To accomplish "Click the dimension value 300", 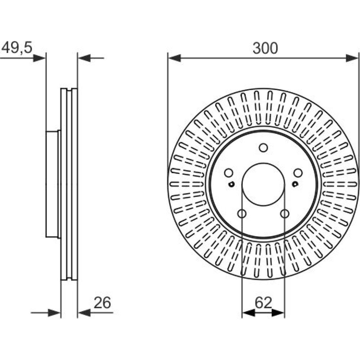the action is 265,48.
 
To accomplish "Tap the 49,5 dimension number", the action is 17,48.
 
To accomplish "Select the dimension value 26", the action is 102,303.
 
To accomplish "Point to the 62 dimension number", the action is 264,303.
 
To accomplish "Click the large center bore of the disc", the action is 264,184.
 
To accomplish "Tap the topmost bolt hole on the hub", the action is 264,148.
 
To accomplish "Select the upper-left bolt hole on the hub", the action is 229,173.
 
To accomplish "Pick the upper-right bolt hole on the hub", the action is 298,173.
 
